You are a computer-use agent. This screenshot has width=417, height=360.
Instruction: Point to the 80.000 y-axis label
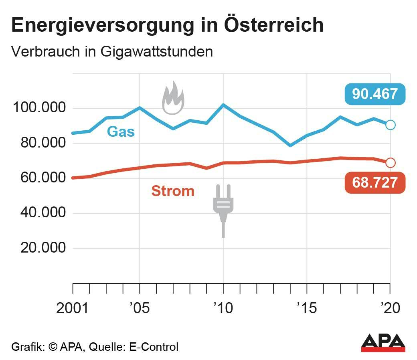pyautogui.click(x=39, y=143)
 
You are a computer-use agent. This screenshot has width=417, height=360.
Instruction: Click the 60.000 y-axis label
pyautogui.click(x=39, y=178)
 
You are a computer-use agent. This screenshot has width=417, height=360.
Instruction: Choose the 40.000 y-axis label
pyautogui.click(x=39, y=213)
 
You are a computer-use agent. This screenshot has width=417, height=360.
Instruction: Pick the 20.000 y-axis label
pyautogui.click(x=39, y=248)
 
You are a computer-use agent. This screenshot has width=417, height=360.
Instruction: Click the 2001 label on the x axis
pyautogui.click(x=73, y=309)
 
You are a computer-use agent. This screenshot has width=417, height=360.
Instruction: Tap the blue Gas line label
pyautogui.click(x=121, y=131)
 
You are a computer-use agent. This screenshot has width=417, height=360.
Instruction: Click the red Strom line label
pyautogui.click(x=172, y=191)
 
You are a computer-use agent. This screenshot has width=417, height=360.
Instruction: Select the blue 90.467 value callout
pyautogui.click(x=375, y=94)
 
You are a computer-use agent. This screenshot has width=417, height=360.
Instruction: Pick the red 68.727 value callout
pyautogui.click(x=375, y=183)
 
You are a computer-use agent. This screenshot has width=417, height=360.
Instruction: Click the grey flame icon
pyautogui.click(x=173, y=98)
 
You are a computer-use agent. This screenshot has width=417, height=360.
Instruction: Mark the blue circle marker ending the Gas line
pyautogui.click(x=390, y=125)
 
